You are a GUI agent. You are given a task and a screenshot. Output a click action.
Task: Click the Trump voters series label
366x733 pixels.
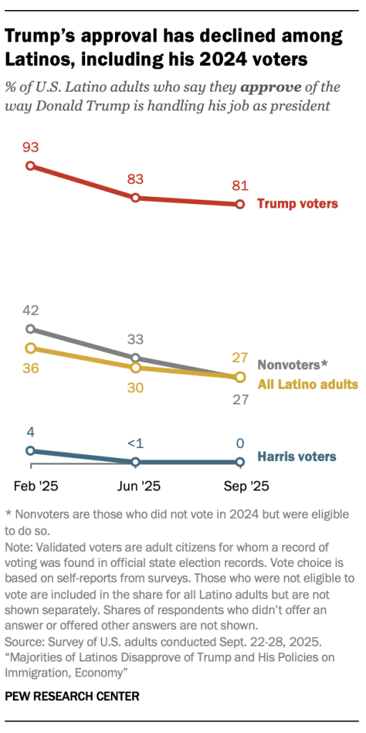[x=297, y=204]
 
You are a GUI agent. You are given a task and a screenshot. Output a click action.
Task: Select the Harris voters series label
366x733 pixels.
[x=297, y=456]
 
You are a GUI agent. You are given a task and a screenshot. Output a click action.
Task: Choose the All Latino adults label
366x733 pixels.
[x=307, y=384]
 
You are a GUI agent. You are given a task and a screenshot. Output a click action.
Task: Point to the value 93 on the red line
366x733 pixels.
[x=30, y=148]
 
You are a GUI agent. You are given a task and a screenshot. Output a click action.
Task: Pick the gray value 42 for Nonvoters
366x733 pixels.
[x=30, y=311]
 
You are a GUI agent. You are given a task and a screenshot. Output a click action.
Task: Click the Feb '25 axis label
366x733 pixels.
[x=36, y=486]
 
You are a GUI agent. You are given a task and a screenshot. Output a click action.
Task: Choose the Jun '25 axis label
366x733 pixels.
[x=138, y=486]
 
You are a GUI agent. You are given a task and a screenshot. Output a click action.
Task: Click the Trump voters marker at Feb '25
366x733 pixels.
[x=30, y=165]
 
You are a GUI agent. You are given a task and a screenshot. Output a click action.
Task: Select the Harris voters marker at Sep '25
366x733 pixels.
[x=240, y=462]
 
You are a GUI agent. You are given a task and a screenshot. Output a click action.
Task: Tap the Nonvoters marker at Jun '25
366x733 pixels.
[x=135, y=358]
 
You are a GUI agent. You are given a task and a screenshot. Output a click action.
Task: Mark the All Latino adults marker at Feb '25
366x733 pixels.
[x=30, y=348]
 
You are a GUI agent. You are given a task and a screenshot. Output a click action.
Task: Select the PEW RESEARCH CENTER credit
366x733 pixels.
[x=72, y=696]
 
